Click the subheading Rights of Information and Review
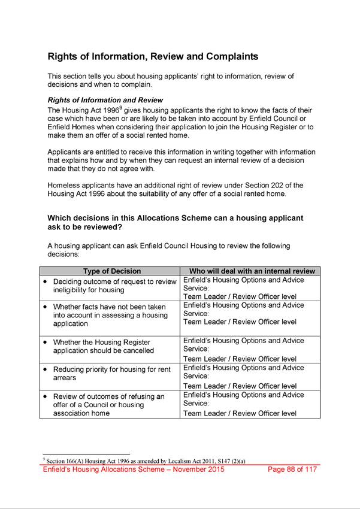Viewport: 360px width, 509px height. [105, 100]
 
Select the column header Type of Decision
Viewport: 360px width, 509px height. [112, 271]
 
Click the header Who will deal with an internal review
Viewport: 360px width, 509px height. [252, 271]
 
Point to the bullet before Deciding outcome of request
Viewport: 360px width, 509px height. [46, 281]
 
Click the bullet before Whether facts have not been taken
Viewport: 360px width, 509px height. [46, 307]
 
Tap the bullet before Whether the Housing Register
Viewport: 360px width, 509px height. [46, 342]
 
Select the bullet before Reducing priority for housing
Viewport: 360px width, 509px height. [46, 369]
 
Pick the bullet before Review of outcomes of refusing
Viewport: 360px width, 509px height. [46, 396]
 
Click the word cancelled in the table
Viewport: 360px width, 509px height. [138, 351]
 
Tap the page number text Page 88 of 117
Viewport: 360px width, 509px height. [292, 469]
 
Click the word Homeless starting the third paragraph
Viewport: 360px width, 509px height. [64, 184]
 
